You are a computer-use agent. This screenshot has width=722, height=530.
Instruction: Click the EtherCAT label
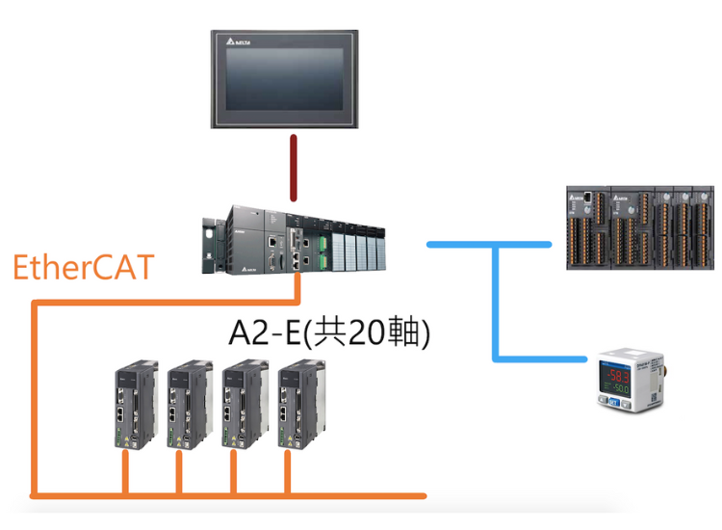tap(83, 267)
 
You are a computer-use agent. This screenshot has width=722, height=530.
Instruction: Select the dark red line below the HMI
tap(294, 168)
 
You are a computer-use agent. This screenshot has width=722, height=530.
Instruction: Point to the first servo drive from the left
tap(134, 405)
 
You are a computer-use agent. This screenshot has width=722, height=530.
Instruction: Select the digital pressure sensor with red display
tap(627, 380)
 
